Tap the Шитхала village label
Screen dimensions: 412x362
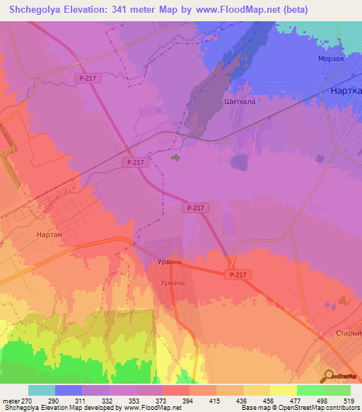click(x=239, y=101)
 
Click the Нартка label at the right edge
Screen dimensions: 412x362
click(x=346, y=91)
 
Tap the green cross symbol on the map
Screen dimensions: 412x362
click(x=175, y=158)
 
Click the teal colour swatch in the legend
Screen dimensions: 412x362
click(x=42, y=390)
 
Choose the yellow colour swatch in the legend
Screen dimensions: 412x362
click(x=283, y=390)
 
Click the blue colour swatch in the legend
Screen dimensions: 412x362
click(x=69, y=390)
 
